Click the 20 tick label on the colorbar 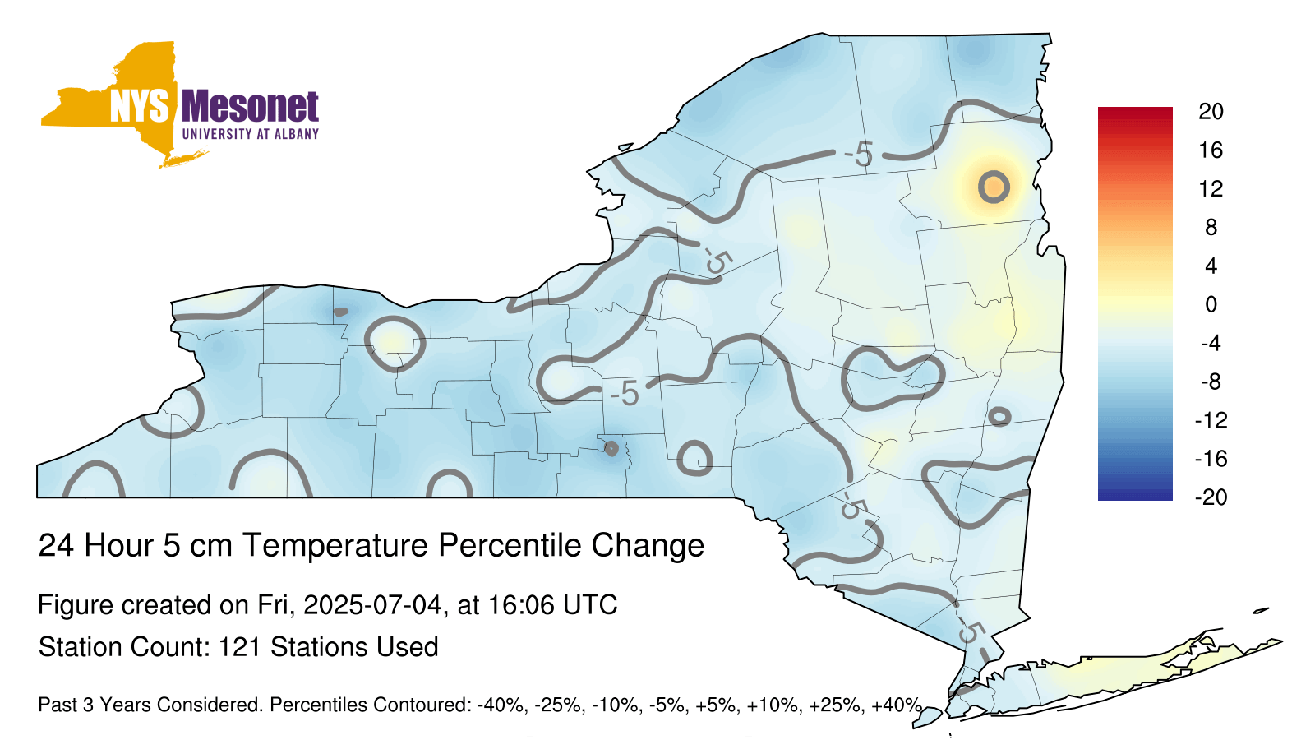point(1211,112)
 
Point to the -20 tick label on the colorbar point(1211,497)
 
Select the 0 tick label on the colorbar point(1211,304)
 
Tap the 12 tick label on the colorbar point(1211,188)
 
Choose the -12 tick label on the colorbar point(1211,420)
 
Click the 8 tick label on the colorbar point(1211,227)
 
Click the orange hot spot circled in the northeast point(994,187)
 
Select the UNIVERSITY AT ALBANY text point(251,134)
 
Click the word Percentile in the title point(510,545)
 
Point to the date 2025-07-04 point(372,604)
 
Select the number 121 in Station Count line point(239,646)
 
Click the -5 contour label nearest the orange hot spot point(859,155)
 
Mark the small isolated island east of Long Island point(1261,611)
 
